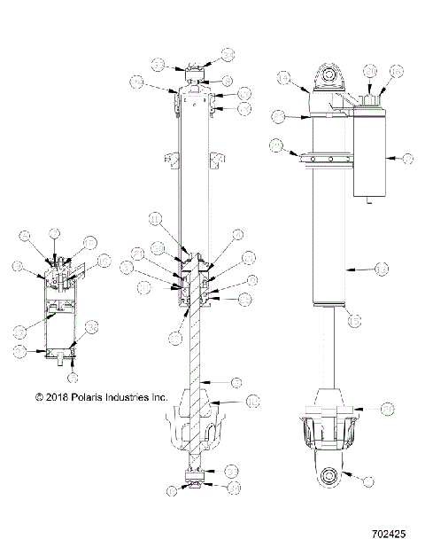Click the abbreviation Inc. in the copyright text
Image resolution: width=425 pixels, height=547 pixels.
click(x=158, y=398)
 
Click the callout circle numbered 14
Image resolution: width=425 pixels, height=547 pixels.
click(x=283, y=78)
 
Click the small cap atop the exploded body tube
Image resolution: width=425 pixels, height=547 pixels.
click(x=195, y=74)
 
